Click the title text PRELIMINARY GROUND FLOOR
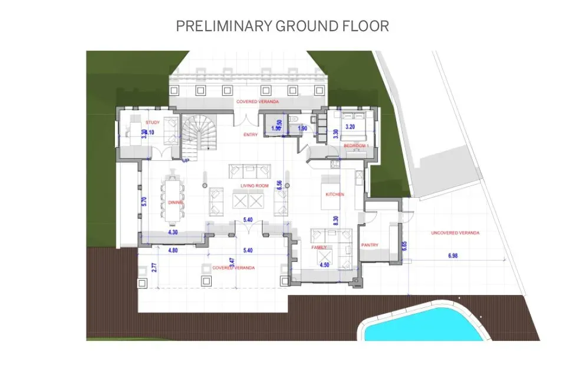coord(282,26)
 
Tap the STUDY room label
coord(153,122)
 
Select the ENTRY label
coord(251,135)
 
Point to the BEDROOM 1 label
coord(356,145)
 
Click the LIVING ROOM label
coord(254,186)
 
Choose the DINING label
coord(176,202)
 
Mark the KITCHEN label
coord(335,194)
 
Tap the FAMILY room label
coord(319,248)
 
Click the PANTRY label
coord(370,245)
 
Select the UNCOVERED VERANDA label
coord(455,233)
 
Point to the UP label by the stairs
coord(186,160)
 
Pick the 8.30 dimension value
coord(335,221)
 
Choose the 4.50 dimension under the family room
coord(324,265)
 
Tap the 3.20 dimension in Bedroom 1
coord(350,127)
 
